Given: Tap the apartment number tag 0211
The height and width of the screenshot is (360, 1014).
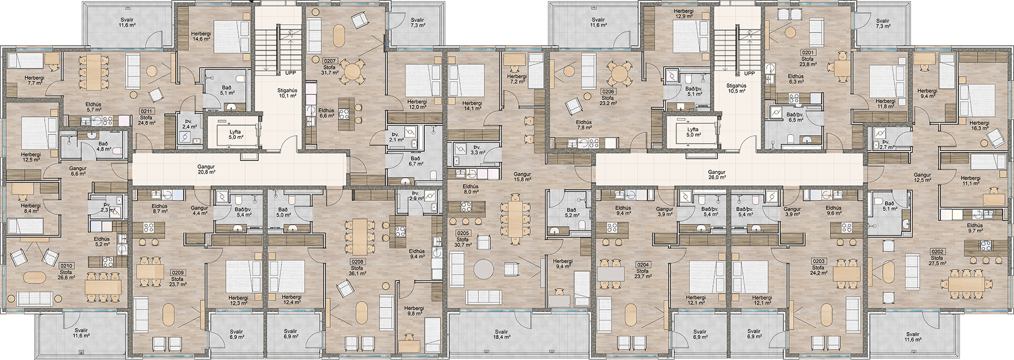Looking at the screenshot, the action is [147, 110].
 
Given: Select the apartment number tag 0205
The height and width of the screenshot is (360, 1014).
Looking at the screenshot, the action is [463, 233].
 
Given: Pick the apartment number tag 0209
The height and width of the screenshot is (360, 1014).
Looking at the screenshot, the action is [177, 272].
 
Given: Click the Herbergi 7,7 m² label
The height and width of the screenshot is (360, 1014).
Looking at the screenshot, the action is [35, 80].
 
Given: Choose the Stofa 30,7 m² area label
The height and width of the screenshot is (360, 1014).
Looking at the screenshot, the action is [463, 242].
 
